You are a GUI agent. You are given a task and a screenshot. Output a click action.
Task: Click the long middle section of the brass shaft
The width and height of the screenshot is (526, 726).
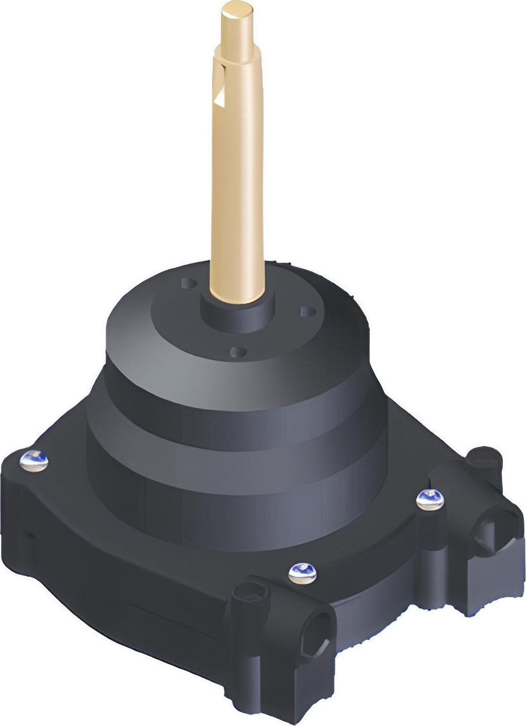coord(237,188)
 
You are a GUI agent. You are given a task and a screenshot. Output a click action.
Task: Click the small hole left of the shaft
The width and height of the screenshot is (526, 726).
coord(188,283)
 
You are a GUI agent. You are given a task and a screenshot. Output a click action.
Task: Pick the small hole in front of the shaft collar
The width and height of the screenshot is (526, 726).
coord(238,350)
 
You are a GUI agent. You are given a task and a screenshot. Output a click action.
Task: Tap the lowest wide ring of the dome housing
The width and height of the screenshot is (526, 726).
coord(234,469)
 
